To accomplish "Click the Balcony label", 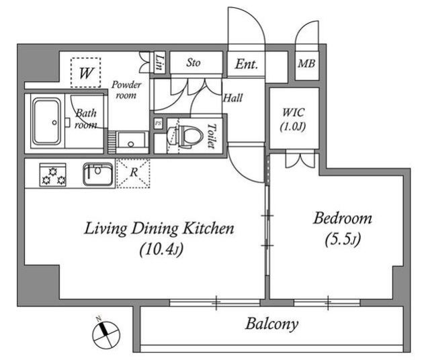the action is click(x=271, y=324).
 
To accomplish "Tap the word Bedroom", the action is click(x=343, y=218).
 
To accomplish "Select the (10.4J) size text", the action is click(x=161, y=250).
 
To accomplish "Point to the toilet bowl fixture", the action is click(x=185, y=136).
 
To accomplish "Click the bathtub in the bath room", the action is click(x=46, y=122).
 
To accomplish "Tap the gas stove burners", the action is click(x=53, y=175).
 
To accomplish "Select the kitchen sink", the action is click(x=98, y=174).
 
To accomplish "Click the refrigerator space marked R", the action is click(x=133, y=173).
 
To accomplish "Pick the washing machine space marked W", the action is click(x=86, y=73).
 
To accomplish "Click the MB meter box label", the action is click(x=306, y=64).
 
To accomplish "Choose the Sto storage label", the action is click(x=193, y=62).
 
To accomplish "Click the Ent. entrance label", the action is click(x=247, y=64).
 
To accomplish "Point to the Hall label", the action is click(x=233, y=98).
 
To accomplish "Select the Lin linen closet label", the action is click(x=159, y=62).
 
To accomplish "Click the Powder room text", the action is click(x=126, y=89).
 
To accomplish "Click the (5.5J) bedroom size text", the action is click(x=343, y=240).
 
